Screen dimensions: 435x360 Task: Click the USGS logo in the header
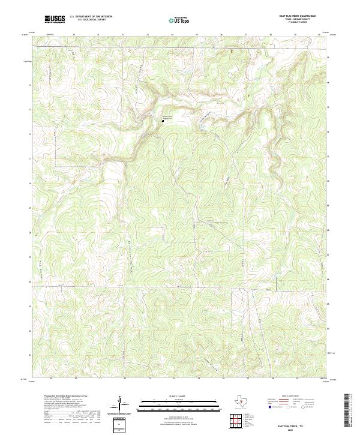click(x=55, y=20)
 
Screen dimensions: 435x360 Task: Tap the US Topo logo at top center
click(x=173, y=20)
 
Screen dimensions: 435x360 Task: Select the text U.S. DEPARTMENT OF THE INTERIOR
click(x=91, y=17)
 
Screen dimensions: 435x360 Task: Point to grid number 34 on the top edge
click(x=172, y=35)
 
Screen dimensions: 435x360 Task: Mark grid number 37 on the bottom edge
click(x=248, y=379)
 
